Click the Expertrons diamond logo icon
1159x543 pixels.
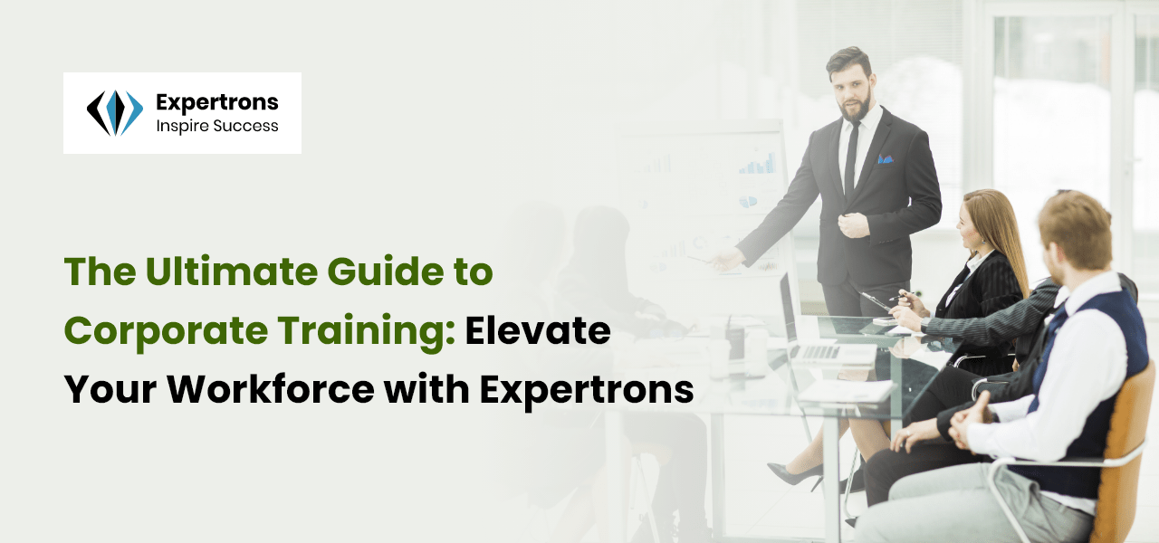tap(115, 113)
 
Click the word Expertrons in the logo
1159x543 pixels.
tap(217, 102)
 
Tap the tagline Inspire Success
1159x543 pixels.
tap(217, 126)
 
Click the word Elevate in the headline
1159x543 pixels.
tap(538, 330)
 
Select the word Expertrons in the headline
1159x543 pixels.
tap(587, 389)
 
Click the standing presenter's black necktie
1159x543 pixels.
tap(851, 158)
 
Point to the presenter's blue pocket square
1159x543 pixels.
tap(885, 158)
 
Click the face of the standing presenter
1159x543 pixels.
tap(851, 86)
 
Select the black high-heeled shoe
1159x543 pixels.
tap(797, 472)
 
